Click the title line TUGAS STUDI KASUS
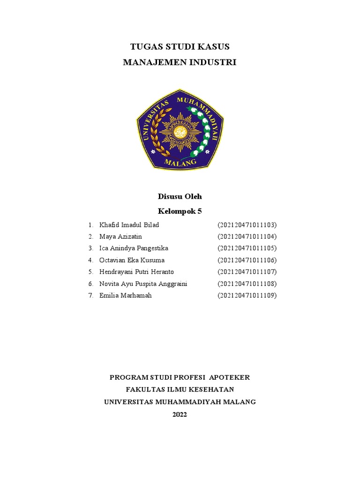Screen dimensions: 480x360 pyautogui.click(x=180, y=46)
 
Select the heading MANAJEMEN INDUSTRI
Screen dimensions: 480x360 pyautogui.click(x=180, y=62)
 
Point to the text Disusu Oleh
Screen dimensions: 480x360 pyautogui.click(x=180, y=196)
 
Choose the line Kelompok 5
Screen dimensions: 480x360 pyautogui.click(x=180, y=211)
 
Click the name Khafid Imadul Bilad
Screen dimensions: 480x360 pyautogui.click(x=129, y=225)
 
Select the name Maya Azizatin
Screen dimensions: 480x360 pyautogui.click(x=120, y=237)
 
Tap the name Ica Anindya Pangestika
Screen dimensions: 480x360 pyautogui.click(x=134, y=248)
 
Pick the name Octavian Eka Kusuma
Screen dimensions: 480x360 pyautogui.click(x=132, y=260)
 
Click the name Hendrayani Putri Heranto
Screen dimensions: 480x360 pyautogui.click(x=136, y=272)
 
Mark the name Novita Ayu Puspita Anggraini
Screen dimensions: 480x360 pyautogui.click(x=143, y=284)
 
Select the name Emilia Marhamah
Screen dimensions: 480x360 pyautogui.click(x=125, y=296)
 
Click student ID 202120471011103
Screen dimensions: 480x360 pyautogui.click(x=247, y=225)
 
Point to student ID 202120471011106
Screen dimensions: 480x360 pyautogui.click(x=247, y=260)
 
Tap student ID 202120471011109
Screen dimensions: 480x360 pyautogui.click(x=247, y=296)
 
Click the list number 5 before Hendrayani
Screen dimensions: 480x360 pyautogui.click(x=90, y=272)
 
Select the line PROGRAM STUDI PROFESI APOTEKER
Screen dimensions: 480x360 pyautogui.click(x=180, y=377)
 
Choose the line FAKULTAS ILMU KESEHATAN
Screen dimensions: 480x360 pyautogui.click(x=180, y=390)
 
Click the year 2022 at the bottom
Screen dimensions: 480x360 pyautogui.click(x=180, y=414)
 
